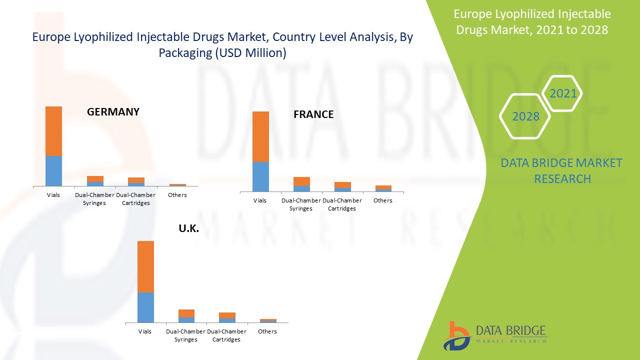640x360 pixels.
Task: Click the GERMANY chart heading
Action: coord(113,112)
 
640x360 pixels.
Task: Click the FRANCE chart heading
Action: coord(313,114)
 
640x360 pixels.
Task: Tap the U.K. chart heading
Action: coord(189,228)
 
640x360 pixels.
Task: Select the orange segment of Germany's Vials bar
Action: coord(53,131)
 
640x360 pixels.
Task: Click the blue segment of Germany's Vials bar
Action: coord(53,171)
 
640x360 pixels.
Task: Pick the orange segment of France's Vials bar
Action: coord(260,136)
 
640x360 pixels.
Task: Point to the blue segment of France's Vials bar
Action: coord(260,176)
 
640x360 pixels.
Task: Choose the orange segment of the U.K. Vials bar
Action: coord(145,266)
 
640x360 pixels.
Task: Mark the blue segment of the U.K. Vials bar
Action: coord(145,307)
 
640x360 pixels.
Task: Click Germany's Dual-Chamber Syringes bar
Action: coord(95,181)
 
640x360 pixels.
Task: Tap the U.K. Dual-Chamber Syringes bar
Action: coord(186,316)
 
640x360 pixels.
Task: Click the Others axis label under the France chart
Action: coord(383,200)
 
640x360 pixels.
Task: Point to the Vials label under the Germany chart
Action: coord(53,195)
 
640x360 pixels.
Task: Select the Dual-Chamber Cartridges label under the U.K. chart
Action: coord(226,335)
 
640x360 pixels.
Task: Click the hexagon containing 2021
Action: coord(562,93)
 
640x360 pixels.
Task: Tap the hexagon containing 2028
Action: coord(525,116)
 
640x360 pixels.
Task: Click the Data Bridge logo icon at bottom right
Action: coord(456,335)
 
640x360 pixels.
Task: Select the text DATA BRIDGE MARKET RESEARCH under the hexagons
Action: coord(561,170)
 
